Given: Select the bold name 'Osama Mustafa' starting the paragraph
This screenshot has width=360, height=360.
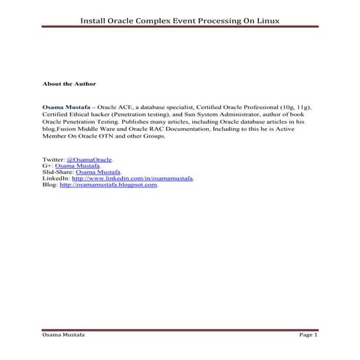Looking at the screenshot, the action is [66, 106].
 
